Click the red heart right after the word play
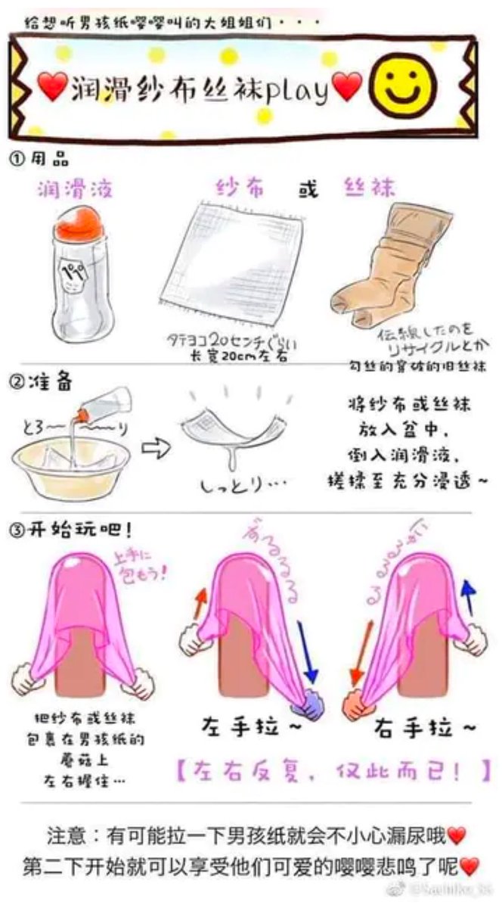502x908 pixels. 347,89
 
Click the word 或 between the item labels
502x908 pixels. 308,188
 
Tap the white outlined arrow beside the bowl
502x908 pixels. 155,447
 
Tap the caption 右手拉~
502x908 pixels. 425,728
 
